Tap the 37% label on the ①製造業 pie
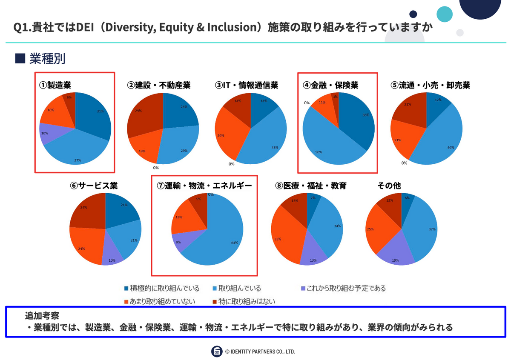click(x=78, y=160)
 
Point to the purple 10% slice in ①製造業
click(x=46, y=133)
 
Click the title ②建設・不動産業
click(x=158, y=86)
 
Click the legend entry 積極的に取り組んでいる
click(x=161, y=289)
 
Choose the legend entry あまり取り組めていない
click(x=161, y=302)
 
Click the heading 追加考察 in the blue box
click(x=42, y=316)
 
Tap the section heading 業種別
click(x=47, y=59)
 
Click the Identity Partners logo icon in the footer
click(x=217, y=351)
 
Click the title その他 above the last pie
click(x=389, y=186)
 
